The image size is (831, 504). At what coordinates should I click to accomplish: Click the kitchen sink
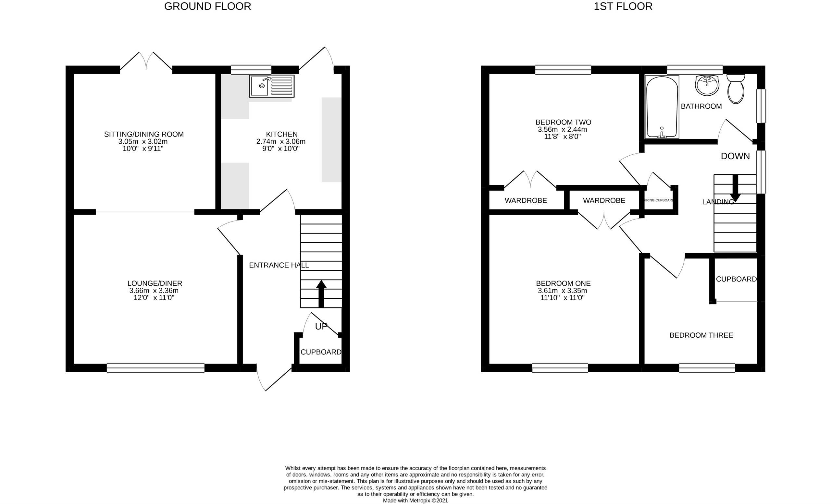(271, 86)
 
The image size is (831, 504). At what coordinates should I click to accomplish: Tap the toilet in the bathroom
(736, 89)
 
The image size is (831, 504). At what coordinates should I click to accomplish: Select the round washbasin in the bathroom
(707, 85)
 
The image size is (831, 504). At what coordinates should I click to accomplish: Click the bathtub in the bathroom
(662, 107)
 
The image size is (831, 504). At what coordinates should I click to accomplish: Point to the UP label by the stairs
(321, 327)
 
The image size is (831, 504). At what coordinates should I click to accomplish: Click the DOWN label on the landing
(735, 156)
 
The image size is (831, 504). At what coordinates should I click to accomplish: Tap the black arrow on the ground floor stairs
(321, 294)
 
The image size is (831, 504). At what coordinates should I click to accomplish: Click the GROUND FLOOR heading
(207, 6)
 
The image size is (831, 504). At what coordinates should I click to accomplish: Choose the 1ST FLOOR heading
(623, 6)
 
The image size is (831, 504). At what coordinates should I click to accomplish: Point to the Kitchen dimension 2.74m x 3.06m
(281, 141)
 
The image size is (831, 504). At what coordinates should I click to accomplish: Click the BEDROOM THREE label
(701, 335)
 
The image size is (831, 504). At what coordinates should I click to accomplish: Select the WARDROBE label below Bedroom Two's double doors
(526, 201)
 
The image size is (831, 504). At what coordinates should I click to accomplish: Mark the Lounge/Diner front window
(155, 368)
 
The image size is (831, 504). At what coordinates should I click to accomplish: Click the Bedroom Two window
(563, 70)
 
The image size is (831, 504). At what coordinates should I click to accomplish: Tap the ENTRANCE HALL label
(279, 265)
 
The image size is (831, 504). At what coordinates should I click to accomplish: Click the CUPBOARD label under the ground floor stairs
(321, 352)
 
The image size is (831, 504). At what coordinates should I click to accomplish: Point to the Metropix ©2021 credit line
(415, 501)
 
